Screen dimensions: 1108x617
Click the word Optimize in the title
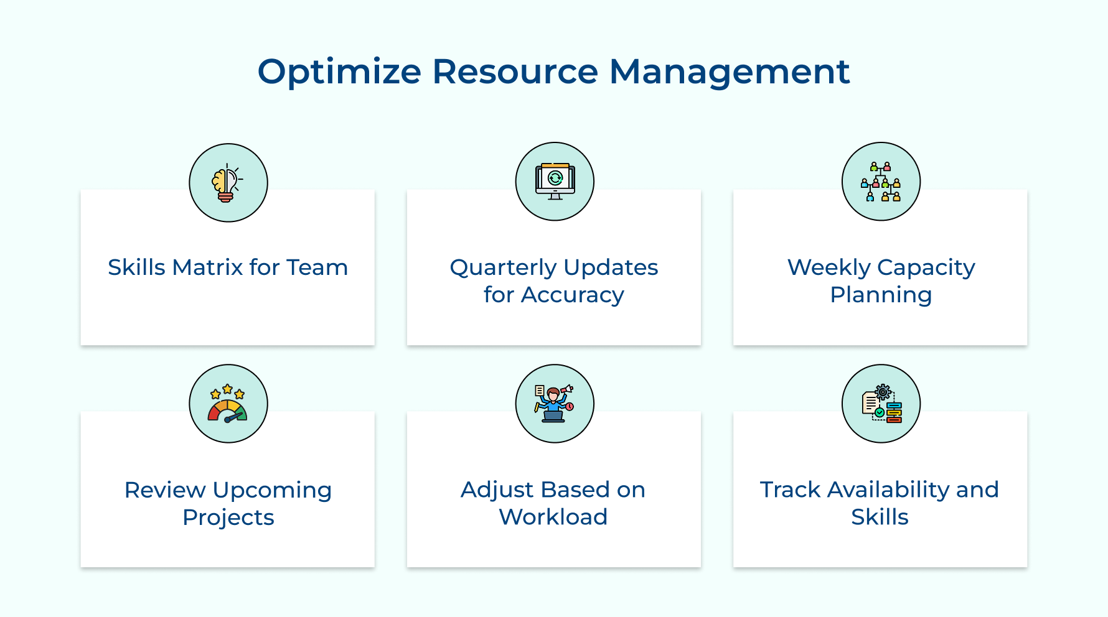point(339,72)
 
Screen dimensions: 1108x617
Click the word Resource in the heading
point(515,71)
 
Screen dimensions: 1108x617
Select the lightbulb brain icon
point(227,183)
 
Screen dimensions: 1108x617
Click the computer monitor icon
point(555,182)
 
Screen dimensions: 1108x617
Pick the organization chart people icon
point(881,182)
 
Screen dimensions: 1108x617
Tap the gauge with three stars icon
point(228,404)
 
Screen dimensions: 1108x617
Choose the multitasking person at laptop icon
point(554,404)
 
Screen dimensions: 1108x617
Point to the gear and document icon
point(881,404)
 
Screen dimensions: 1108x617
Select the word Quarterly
point(503,268)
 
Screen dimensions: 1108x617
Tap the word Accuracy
point(572,295)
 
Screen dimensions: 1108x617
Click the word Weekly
point(829,268)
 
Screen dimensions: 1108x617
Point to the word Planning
point(881,295)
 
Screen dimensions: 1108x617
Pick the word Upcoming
point(272,491)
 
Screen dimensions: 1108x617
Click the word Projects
point(228,518)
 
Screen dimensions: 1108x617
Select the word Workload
point(553,517)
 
